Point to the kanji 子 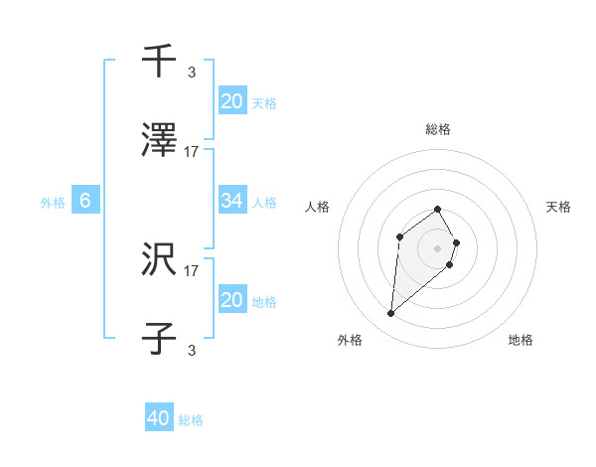pyautogui.click(x=159, y=339)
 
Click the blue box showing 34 pyautogui.click(x=232, y=202)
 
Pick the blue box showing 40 pyautogui.click(x=159, y=418)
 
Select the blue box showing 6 pyautogui.click(x=85, y=201)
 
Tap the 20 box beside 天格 pyautogui.click(x=232, y=100)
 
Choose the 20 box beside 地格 pyautogui.click(x=232, y=300)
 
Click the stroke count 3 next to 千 pyautogui.click(x=192, y=72)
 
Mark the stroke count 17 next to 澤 pyautogui.click(x=192, y=152)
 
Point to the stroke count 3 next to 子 pyautogui.click(x=192, y=350)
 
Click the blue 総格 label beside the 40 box pyautogui.click(x=191, y=420)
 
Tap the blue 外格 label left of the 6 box pyautogui.click(x=53, y=202)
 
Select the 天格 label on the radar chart pyautogui.click(x=558, y=207)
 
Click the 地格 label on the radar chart pyautogui.click(x=521, y=340)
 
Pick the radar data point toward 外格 pyautogui.click(x=390, y=314)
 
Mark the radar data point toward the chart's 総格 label pyautogui.click(x=437, y=210)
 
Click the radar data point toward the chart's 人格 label pyautogui.click(x=399, y=236)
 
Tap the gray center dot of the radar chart pyautogui.click(x=437, y=247)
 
